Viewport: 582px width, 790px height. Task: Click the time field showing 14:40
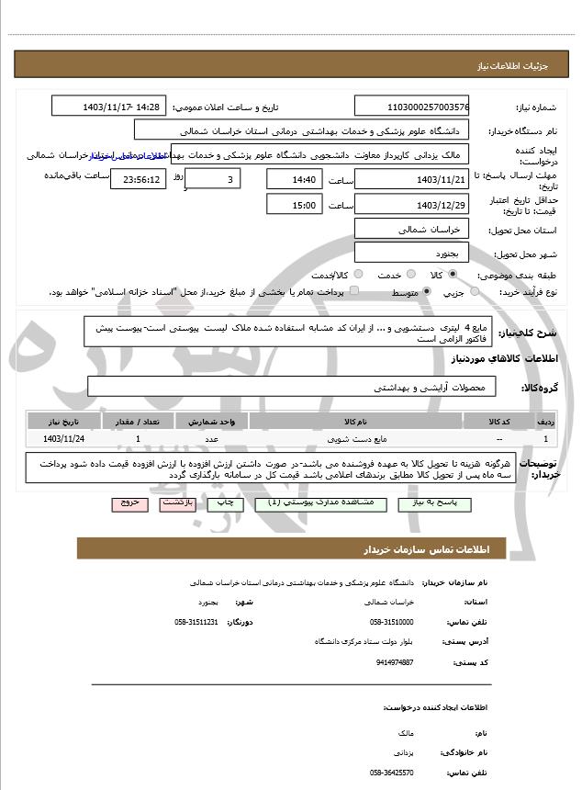tap(294, 179)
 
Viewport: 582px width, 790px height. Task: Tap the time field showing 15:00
tap(294, 205)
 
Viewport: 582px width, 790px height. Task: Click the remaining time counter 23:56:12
tap(139, 179)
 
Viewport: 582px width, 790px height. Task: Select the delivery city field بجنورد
tap(412, 252)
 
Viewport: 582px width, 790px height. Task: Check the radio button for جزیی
tap(475, 292)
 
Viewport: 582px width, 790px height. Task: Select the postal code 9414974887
tap(395, 661)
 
